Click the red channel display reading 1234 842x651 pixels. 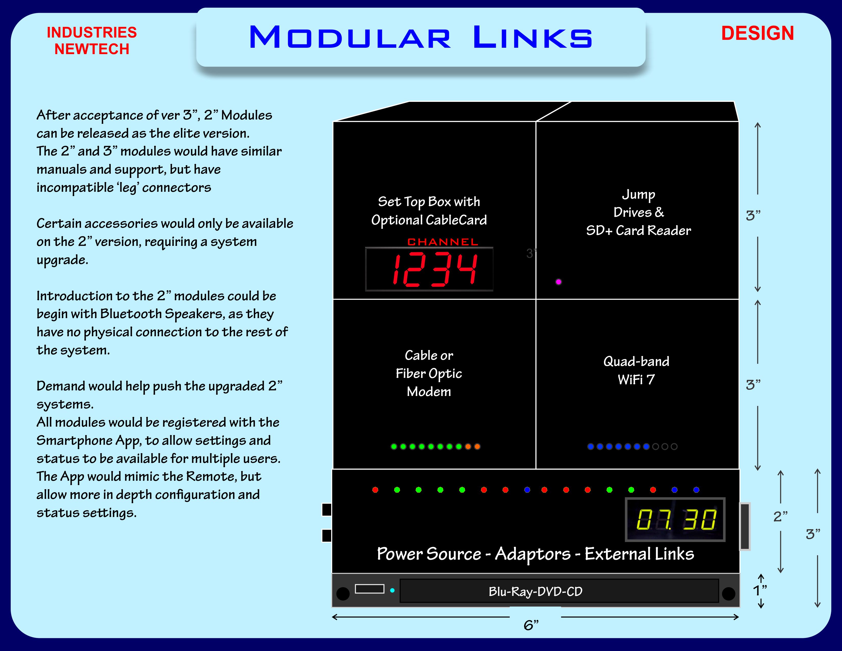(429, 269)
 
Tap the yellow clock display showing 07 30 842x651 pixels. (675, 520)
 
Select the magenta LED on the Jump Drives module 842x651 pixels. (558, 282)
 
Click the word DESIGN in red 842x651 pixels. (757, 33)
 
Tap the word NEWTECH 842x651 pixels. (92, 49)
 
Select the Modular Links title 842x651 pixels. (420, 38)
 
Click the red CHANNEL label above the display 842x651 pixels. (443, 242)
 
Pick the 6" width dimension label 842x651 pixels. (531, 625)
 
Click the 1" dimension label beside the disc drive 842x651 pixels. (760, 590)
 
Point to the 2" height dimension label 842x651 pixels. (780, 516)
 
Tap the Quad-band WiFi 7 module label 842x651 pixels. (636, 370)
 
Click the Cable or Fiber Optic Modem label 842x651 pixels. (429, 373)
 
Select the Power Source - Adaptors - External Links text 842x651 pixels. (535, 554)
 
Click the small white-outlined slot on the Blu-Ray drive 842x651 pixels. (369, 588)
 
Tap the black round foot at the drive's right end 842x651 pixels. (728, 594)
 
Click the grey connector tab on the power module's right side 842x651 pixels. (745, 526)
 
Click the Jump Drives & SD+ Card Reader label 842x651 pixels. (638, 212)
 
